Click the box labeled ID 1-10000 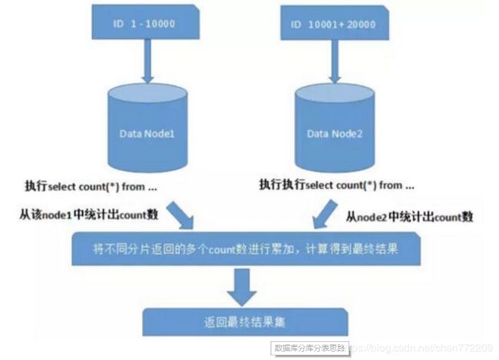(x=145, y=25)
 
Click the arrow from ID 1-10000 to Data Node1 (x=147, y=67)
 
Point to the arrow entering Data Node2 (x=334, y=67)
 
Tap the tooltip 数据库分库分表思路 (x=310, y=348)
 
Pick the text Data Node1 (x=147, y=133)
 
